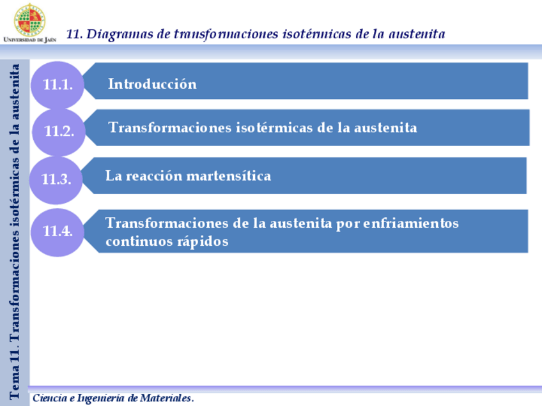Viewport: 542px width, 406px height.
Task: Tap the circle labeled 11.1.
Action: tap(58, 84)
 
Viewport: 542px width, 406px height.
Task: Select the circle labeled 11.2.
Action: tap(59, 132)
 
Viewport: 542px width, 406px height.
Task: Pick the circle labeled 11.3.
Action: tap(56, 179)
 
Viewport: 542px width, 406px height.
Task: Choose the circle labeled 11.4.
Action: tap(58, 231)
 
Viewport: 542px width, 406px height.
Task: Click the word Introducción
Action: tap(152, 84)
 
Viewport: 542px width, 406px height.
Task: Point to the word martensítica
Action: tap(236, 176)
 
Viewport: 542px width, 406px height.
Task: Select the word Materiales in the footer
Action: tap(166, 398)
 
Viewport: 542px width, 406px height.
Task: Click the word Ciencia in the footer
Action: tap(47, 398)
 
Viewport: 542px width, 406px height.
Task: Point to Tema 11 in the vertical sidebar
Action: tap(15, 377)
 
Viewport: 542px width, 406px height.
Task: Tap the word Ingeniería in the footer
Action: tap(101, 398)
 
